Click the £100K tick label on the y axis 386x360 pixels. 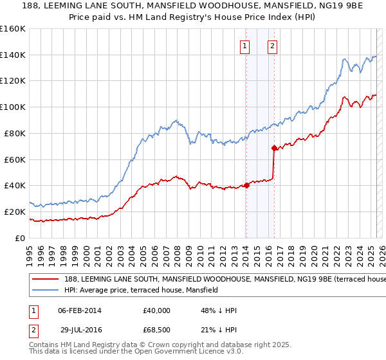pyautogui.click(x=13, y=107)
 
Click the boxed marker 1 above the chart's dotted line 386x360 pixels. pyautogui.click(x=246, y=46)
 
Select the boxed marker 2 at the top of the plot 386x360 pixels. pyautogui.click(x=273, y=46)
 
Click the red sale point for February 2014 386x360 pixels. pyautogui.click(x=246, y=185)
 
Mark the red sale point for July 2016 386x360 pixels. pyautogui.click(x=275, y=148)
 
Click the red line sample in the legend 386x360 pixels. pyautogui.click(x=44, y=280)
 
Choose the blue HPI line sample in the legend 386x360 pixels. pyautogui.click(x=44, y=291)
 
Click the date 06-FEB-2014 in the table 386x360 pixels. pyautogui.click(x=79, y=310)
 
